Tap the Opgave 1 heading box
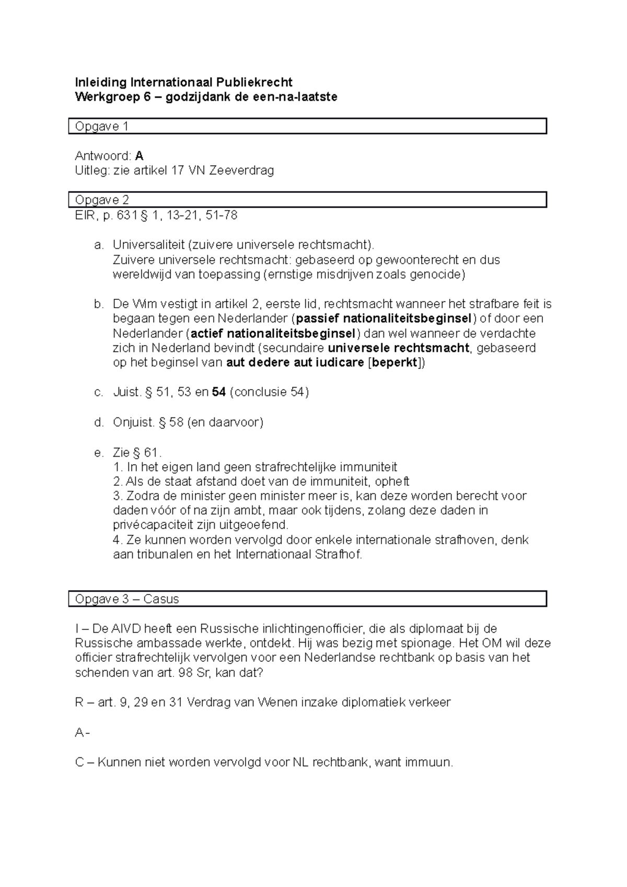[307, 126]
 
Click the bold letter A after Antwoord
[139, 156]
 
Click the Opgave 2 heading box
[307, 200]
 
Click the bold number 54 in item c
[219, 392]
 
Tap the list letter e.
[98, 452]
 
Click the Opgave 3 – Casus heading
[127, 599]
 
